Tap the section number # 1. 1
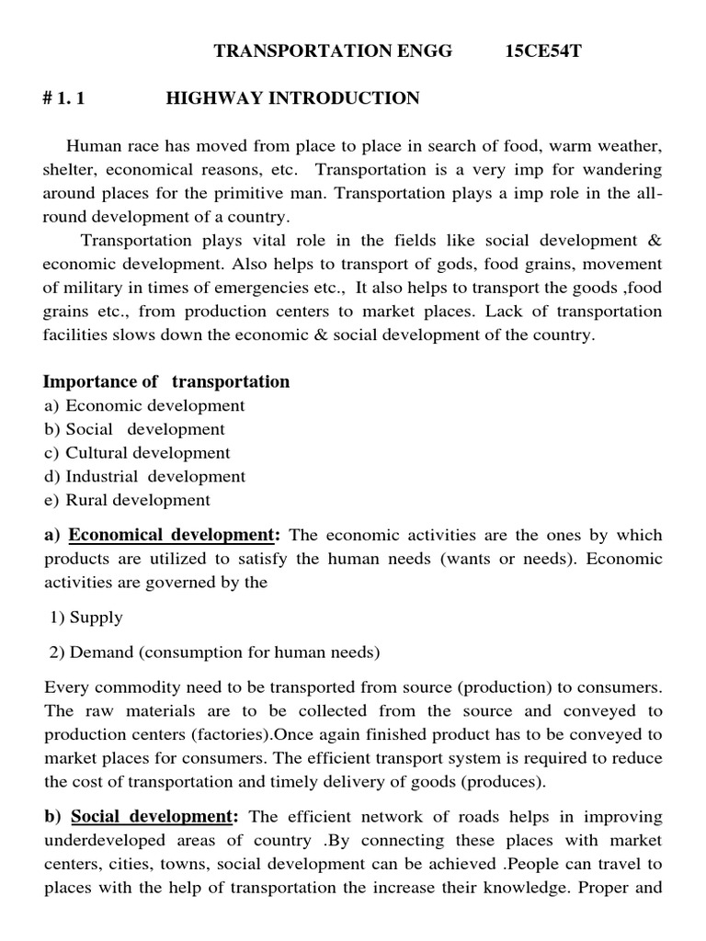click(63, 98)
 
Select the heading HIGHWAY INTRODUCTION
click(292, 98)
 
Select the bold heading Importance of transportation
click(166, 381)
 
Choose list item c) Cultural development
click(137, 453)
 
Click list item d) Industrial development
click(144, 477)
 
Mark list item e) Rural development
click(127, 501)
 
